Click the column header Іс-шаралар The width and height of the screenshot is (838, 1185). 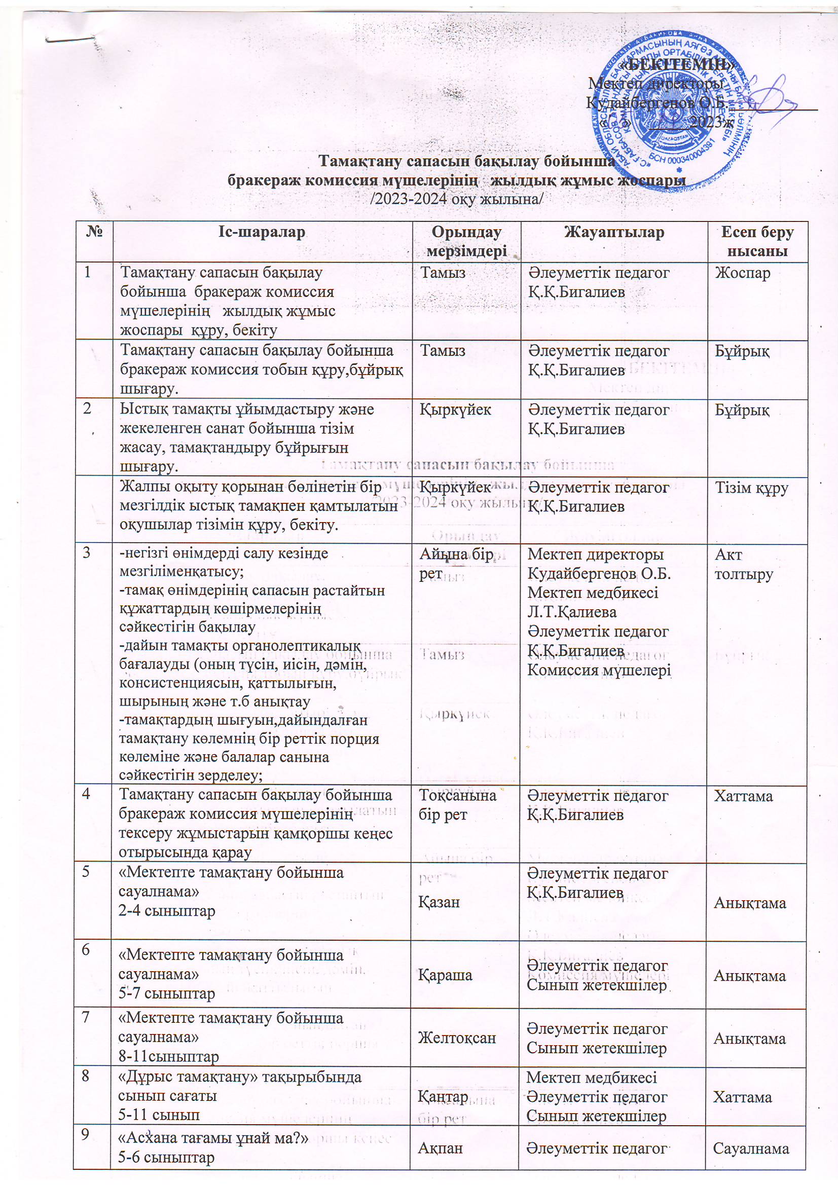click(262, 233)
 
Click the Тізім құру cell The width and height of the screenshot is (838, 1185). click(751, 488)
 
